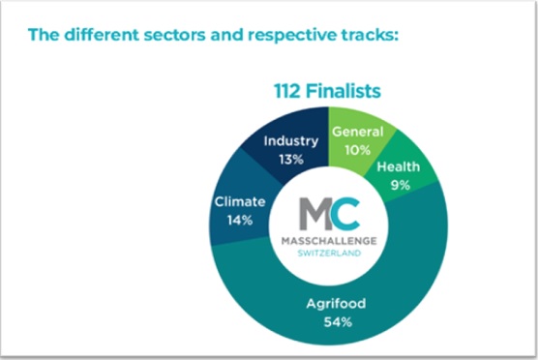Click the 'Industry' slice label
[x=290, y=141]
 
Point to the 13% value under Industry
[x=290, y=159]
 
